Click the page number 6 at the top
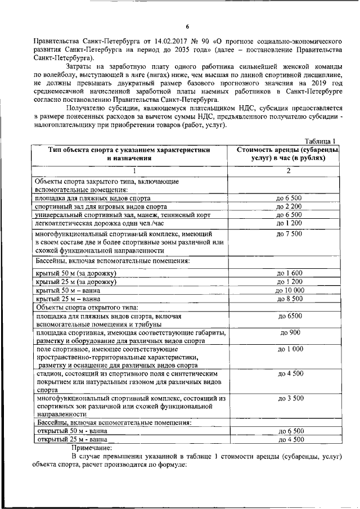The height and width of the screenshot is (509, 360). [188, 26]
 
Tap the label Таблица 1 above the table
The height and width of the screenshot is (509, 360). [320, 141]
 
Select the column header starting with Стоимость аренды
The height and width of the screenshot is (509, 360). [288, 155]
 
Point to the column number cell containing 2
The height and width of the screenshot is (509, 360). [288, 171]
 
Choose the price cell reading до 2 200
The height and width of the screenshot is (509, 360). [289, 206]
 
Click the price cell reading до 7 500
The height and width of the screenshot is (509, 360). [289, 233]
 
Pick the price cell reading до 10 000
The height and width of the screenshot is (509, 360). [289, 290]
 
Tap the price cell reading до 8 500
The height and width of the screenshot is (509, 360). [289, 299]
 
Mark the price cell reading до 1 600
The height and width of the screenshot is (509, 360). [289, 273]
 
